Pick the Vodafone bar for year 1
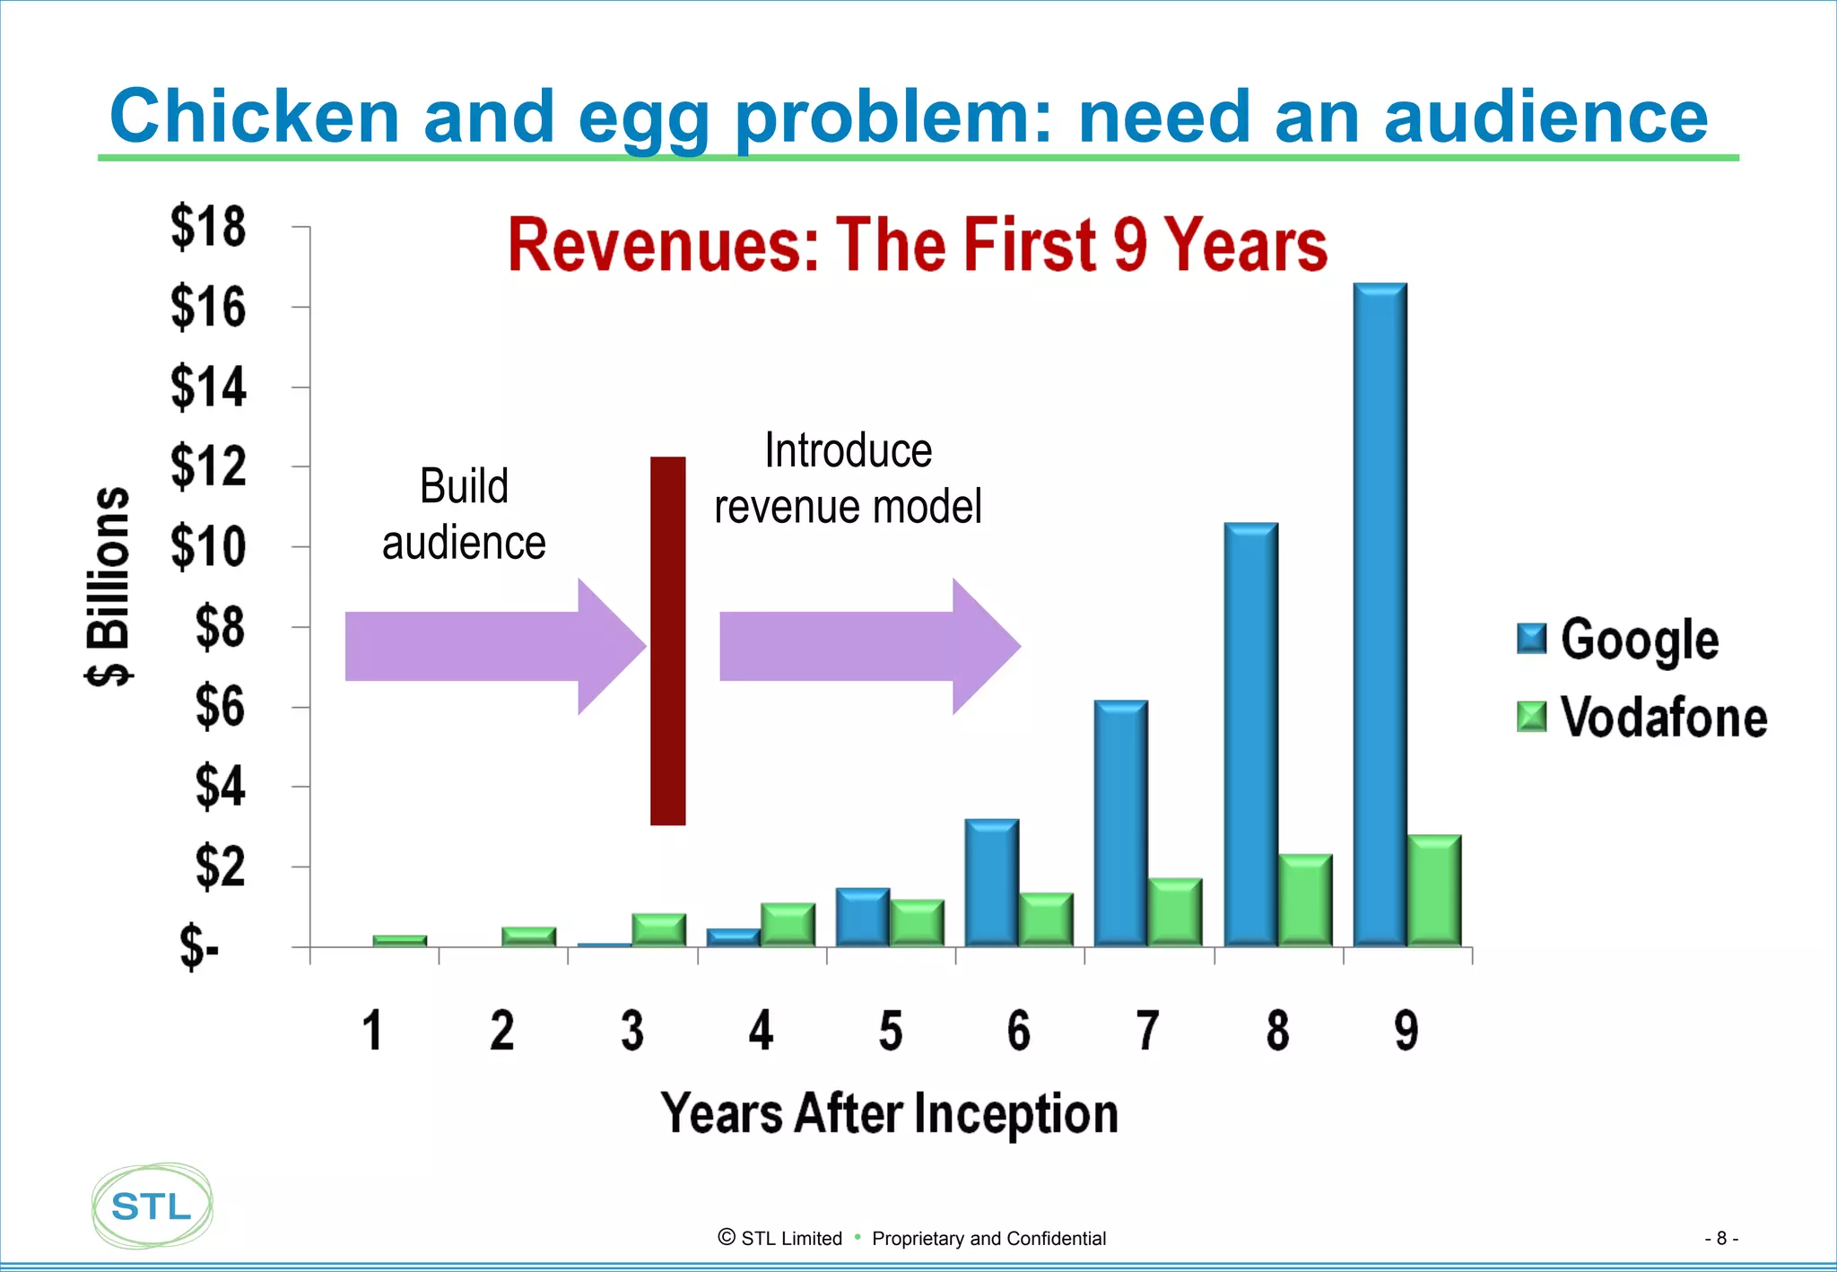coord(399,940)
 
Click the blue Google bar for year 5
coord(862,917)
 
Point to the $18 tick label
coord(208,227)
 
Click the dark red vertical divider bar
coord(668,640)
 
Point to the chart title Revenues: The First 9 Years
coord(917,245)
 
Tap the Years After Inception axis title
coord(889,1113)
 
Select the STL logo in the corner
coord(152,1206)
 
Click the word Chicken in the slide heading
coord(255,117)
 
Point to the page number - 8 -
coord(1720,1238)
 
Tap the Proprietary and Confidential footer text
coord(988,1238)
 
